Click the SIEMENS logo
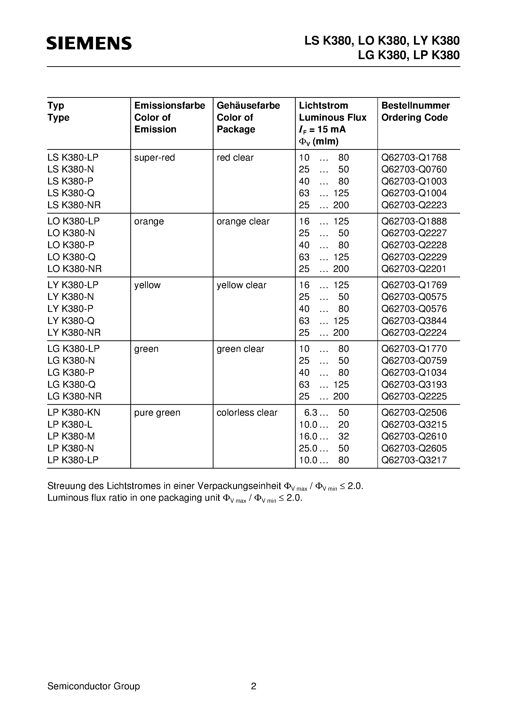coord(89,43)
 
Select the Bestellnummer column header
coord(415,105)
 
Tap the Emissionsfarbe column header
coord(169,105)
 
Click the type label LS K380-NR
coord(74,205)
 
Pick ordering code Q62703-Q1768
coord(414,158)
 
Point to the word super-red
coord(154,158)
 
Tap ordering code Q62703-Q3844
coord(414,321)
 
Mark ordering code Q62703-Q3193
coord(414,384)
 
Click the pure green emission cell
coord(157,412)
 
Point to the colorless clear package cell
coord(247,412)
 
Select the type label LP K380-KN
coord(74,412)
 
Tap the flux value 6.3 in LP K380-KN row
coord(311,412)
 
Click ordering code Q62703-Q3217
coord(414,460)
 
